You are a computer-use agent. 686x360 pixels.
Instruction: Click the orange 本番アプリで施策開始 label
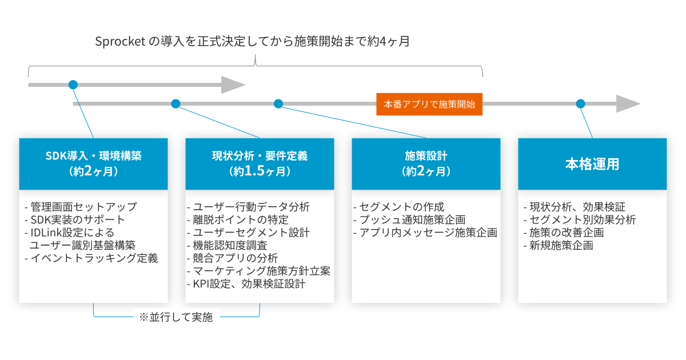pos(429,104)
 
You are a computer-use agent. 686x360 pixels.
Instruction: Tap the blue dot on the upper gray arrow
pos(73,85)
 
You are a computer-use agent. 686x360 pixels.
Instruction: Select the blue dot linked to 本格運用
pos(580,104)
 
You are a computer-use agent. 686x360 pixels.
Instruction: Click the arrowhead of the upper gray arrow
pos(233,85)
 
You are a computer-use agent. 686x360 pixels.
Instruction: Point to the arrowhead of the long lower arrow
pos(628,104)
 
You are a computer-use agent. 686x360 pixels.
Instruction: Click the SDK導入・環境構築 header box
pos(93,164)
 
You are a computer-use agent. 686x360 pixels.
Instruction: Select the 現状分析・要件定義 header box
pos(260,164)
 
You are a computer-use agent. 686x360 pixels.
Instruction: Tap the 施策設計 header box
pos(426,164)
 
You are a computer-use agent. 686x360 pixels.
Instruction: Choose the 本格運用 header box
pos(592,164)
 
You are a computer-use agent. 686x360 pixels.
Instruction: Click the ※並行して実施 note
pos(176,317)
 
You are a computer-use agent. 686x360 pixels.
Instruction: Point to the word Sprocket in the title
pos(120,41)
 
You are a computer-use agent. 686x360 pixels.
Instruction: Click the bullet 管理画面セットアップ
pos(81,207)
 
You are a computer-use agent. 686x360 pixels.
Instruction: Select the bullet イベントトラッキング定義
pos(91,258)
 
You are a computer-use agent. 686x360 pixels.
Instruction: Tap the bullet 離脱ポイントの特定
pos(238,220)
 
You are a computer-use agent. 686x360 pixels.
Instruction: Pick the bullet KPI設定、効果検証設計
pos(246,284)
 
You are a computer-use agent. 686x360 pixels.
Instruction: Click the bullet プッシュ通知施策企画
pos(409,220)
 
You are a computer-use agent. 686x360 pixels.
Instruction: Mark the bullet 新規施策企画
pos(559,246)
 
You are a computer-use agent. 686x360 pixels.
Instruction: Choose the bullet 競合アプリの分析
pos(233,258)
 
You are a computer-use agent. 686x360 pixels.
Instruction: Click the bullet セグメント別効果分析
pos(580,220)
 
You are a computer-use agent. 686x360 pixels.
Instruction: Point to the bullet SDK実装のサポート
pos(75,220)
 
